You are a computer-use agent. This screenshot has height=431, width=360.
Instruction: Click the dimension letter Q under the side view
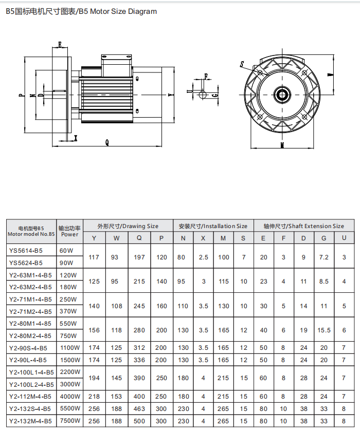(106, 143)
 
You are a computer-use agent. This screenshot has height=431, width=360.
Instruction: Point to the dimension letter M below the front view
(283, 145)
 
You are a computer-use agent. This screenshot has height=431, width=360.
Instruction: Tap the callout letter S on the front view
(242, 64)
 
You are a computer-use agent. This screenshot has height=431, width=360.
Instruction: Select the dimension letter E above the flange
(60, 45)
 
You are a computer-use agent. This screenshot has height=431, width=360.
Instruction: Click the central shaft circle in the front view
(282, 95)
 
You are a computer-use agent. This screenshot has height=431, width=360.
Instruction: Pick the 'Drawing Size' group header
(128, 226)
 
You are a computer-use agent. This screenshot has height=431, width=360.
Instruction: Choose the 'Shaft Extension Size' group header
(304, 226)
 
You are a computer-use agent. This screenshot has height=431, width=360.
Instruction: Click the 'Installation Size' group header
(213, 226)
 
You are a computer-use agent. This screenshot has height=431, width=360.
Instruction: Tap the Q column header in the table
(139, 238)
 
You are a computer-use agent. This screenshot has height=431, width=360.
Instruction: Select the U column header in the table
(344, 238)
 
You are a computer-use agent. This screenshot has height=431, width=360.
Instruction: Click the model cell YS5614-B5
(26, 251)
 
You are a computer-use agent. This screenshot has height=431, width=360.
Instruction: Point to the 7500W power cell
(69, 421)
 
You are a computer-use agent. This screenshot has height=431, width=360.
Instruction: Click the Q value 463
(139, 409)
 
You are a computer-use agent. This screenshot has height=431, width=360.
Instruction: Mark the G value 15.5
(324, 330)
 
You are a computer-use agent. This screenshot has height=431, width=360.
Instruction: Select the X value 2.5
(204, 257)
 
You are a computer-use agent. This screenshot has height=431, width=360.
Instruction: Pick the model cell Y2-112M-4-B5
(30, 397)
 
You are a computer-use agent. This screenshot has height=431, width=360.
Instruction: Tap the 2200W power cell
(69, 372)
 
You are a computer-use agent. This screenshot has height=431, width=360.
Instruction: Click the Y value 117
(94, 257)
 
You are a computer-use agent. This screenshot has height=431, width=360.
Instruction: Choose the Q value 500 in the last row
(139, 421)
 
